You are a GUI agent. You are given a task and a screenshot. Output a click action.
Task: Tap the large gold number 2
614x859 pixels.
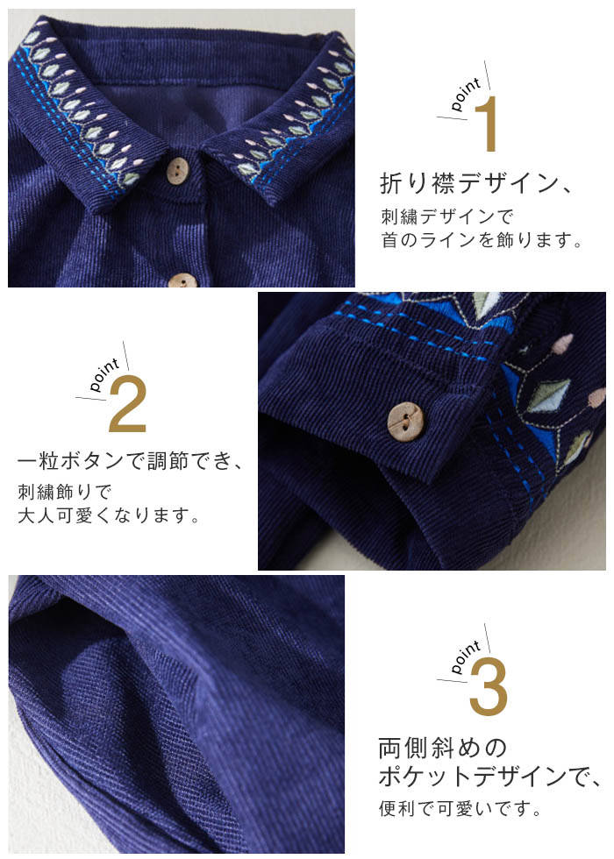tap(128, 404)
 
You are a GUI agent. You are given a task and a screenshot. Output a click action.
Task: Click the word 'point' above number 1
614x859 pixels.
tap(466, 94)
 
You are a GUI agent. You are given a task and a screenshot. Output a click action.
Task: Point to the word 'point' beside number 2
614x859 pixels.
tap(104, 375)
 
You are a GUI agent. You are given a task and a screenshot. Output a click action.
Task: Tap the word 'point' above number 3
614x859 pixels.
tap(466, 657)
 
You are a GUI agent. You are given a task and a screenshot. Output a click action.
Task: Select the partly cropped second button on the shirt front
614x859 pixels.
tap(182, 280)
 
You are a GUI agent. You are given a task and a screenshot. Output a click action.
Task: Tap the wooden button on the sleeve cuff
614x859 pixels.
tap(405, 421)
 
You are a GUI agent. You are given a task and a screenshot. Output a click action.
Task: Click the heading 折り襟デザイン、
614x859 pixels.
tap(475, 182)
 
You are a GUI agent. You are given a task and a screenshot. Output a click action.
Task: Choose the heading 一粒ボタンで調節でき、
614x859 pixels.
tap(130, 460)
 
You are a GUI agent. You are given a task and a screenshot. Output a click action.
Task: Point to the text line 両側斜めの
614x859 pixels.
tap(443, 748)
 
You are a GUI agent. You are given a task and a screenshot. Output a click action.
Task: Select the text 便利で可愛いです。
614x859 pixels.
tap(460, 808)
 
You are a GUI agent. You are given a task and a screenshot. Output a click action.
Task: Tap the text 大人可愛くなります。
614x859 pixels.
tap(109, 515)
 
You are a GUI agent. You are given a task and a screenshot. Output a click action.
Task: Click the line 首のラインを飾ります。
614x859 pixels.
tap(482, 240)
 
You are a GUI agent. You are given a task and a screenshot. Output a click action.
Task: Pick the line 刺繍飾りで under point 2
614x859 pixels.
tap(65, 492)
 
